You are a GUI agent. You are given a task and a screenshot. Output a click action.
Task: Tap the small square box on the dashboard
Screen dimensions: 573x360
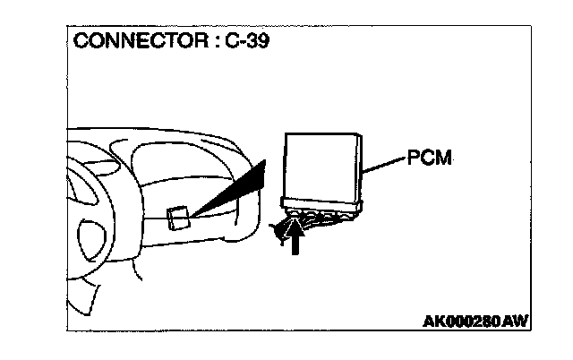pos(177,218)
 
